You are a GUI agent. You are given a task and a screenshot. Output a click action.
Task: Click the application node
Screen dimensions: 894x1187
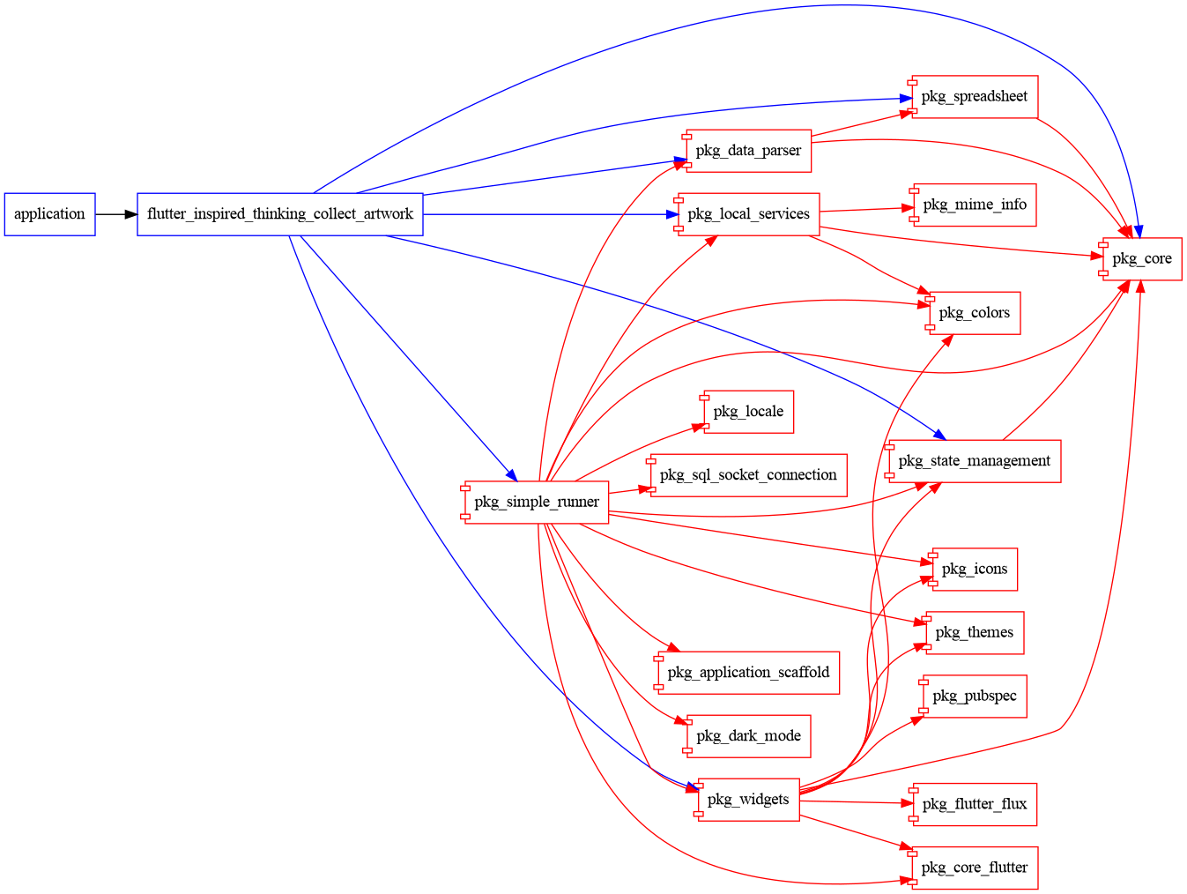coord(49,214)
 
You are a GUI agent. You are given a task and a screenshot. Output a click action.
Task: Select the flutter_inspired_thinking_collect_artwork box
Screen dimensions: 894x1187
coord(279,214)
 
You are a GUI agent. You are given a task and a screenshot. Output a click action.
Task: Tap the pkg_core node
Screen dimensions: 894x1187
coord(1141,259)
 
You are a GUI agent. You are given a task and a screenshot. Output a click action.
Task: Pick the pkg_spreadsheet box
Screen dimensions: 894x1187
coord(974,97)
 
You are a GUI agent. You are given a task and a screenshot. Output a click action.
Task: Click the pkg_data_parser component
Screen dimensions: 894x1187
coord(748,151)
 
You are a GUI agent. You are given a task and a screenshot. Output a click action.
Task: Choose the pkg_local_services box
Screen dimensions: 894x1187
coord(748,214)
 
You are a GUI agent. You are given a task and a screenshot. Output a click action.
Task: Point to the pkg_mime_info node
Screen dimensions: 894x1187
coord(974,205)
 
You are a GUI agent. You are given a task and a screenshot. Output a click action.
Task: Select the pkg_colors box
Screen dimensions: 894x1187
coord(974,313)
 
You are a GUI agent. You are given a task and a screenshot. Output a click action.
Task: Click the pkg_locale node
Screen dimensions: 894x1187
coord(748,412)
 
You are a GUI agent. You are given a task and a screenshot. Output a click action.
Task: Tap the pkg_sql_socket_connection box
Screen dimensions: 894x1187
coord(748,475)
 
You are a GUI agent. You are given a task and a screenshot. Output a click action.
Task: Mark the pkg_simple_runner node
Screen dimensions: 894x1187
coord(536,503)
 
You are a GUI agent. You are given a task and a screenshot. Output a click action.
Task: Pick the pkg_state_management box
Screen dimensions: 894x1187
coord(974,461)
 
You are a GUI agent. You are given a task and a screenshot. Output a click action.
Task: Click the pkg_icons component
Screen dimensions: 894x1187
coord(974,570)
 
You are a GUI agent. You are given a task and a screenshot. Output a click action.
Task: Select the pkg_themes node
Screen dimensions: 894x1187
coord(974,633)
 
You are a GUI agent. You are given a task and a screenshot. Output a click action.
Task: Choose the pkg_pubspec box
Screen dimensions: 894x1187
coord(974,697)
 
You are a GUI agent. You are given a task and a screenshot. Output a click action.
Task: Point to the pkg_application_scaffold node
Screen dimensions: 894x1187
coord(748,673)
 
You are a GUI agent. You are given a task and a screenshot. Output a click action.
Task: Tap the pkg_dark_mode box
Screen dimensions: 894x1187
coord(748,736)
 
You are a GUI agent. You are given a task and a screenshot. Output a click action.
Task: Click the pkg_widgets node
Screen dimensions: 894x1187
coord(748,800)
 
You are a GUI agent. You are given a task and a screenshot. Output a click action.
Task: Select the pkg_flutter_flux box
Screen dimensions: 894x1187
coord(974,804)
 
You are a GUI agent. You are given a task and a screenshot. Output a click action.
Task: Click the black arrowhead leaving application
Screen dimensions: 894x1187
coord(130,214)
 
